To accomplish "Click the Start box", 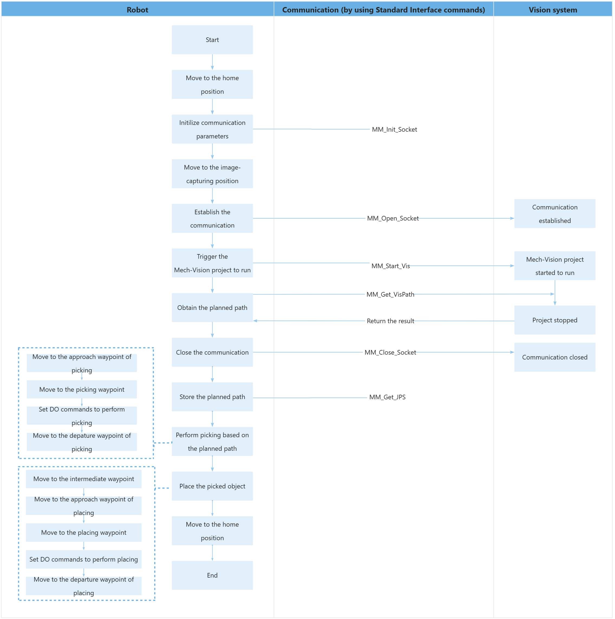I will pyautogui.click(x=212, y=40).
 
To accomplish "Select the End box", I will pyautogui.click(x=212, y=575).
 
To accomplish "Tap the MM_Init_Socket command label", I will pyautogui.click(x=394, y=129).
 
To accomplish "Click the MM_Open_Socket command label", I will pyautogui.click(x=392, y=218).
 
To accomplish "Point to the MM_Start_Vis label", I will pyautogui.click(x=390, y=266).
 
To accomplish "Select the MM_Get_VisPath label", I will pyautogui.click(x=390, y=294).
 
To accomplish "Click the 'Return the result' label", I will pyautogui.click(x=390, y=321).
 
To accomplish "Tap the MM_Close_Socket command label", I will pyautogui.click(x=390, y=352).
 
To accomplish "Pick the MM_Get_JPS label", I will pyautogui.click(x=387, y=397).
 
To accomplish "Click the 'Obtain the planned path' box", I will pyautogui.click(x=212, y=307).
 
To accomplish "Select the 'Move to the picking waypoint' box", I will pyautogui.click(x=82, y=389).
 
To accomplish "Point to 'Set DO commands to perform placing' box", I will pyautogui.click(x=84, y=559).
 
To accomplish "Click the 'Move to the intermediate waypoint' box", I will pyautogui.click(x=84, y=479).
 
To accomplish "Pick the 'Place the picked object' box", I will pyautogui.click(x=212, y=486).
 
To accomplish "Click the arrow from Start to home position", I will pyautogui.click(x=212, y=62).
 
